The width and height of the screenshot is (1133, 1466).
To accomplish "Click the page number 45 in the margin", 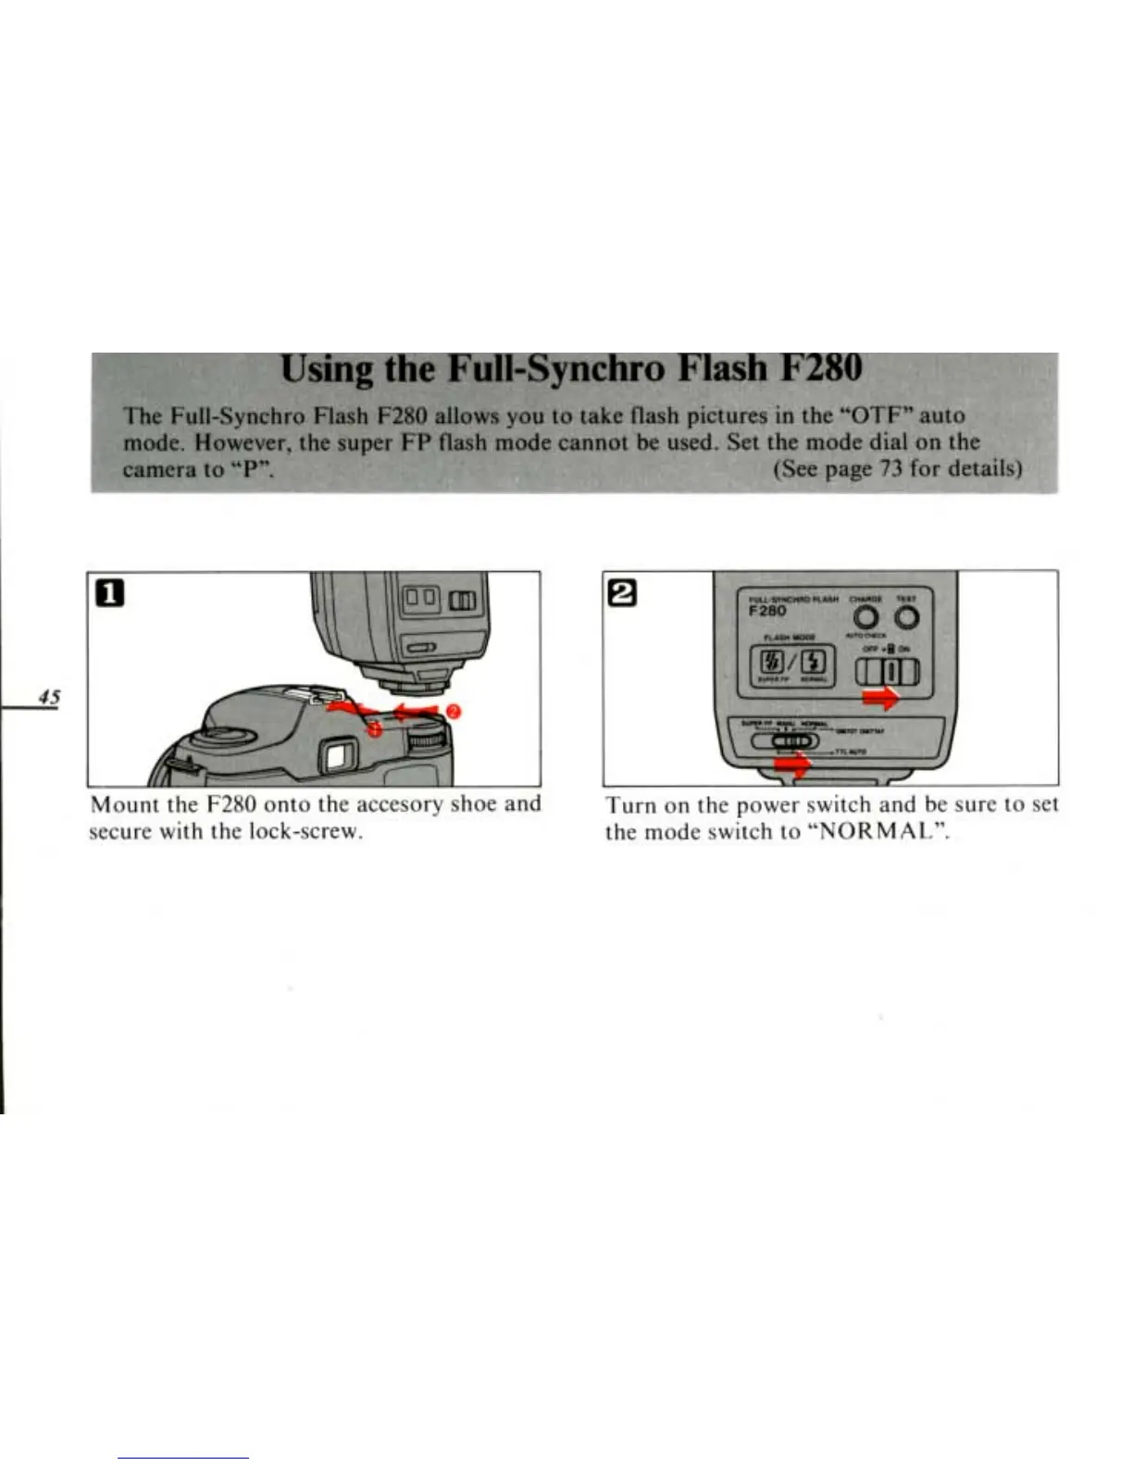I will click(x=49, y=697).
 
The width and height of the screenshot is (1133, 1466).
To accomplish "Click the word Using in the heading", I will click(x=328, y=369).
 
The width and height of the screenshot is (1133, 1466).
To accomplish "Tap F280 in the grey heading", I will click(x=822, y=368).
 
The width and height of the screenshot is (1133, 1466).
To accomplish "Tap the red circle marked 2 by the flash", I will click(x=454, y=711).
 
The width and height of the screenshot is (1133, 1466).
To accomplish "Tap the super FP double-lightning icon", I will click(x=770, y=663).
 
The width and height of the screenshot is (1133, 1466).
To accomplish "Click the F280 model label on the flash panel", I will click(x=768, y=611).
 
